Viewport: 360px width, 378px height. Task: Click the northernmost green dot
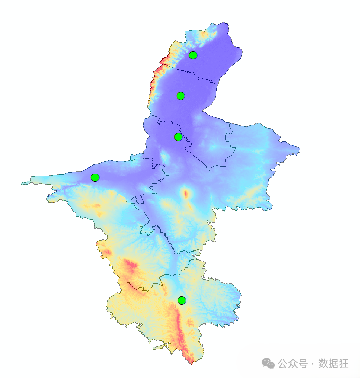[193, 55]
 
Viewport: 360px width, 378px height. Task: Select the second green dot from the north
[180, 96]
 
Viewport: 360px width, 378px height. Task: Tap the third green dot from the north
[178, 137]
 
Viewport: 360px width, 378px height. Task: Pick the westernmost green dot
[95, 177]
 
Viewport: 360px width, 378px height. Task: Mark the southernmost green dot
[182, 300]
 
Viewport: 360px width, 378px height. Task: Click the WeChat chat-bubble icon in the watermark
[268, 364]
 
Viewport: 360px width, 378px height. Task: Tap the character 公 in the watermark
[283, 364]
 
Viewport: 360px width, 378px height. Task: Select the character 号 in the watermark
[303, 364]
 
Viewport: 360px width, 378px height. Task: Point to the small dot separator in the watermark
[313, 364]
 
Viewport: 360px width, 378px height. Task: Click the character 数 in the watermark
[323, 364]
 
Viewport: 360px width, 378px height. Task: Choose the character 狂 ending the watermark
[344, 364]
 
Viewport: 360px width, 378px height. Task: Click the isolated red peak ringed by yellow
[186, 194]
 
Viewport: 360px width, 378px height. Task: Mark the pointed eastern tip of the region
[299, 148]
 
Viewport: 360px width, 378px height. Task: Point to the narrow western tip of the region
[22, 184]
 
